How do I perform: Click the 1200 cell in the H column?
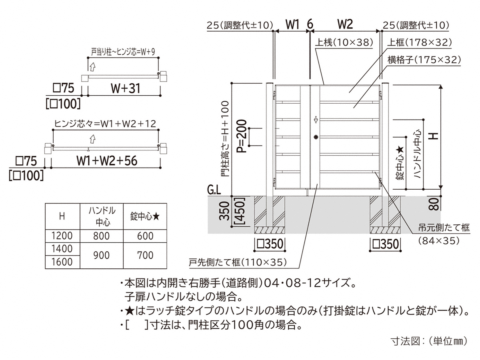click(62, 235)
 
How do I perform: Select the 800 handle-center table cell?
click(101, 235)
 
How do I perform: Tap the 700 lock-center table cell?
click(145, 255)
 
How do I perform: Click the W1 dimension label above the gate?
click(292, 25)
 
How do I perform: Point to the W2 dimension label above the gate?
click(345, 25)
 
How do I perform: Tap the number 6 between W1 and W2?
click(310, 25)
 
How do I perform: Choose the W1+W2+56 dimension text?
click(107, 161)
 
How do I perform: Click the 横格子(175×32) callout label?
click(424, 60)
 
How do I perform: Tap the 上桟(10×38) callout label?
click(344, 42)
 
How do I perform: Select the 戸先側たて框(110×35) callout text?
click(238, 262)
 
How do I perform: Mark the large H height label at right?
click(433, 135)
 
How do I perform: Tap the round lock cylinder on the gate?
click(316, 137)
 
